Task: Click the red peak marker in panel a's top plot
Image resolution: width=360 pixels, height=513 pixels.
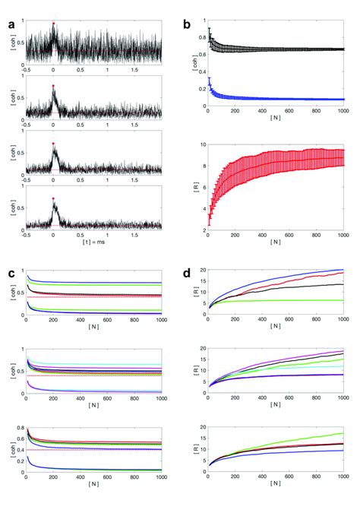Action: click(x=53, y=24)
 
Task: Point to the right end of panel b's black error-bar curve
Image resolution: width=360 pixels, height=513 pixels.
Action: click(x=343, y=49)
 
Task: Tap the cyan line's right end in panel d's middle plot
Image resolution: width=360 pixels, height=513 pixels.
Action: click(x=343, y=366)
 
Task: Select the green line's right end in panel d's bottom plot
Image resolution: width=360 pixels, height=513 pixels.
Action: click(x=343, y=434)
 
